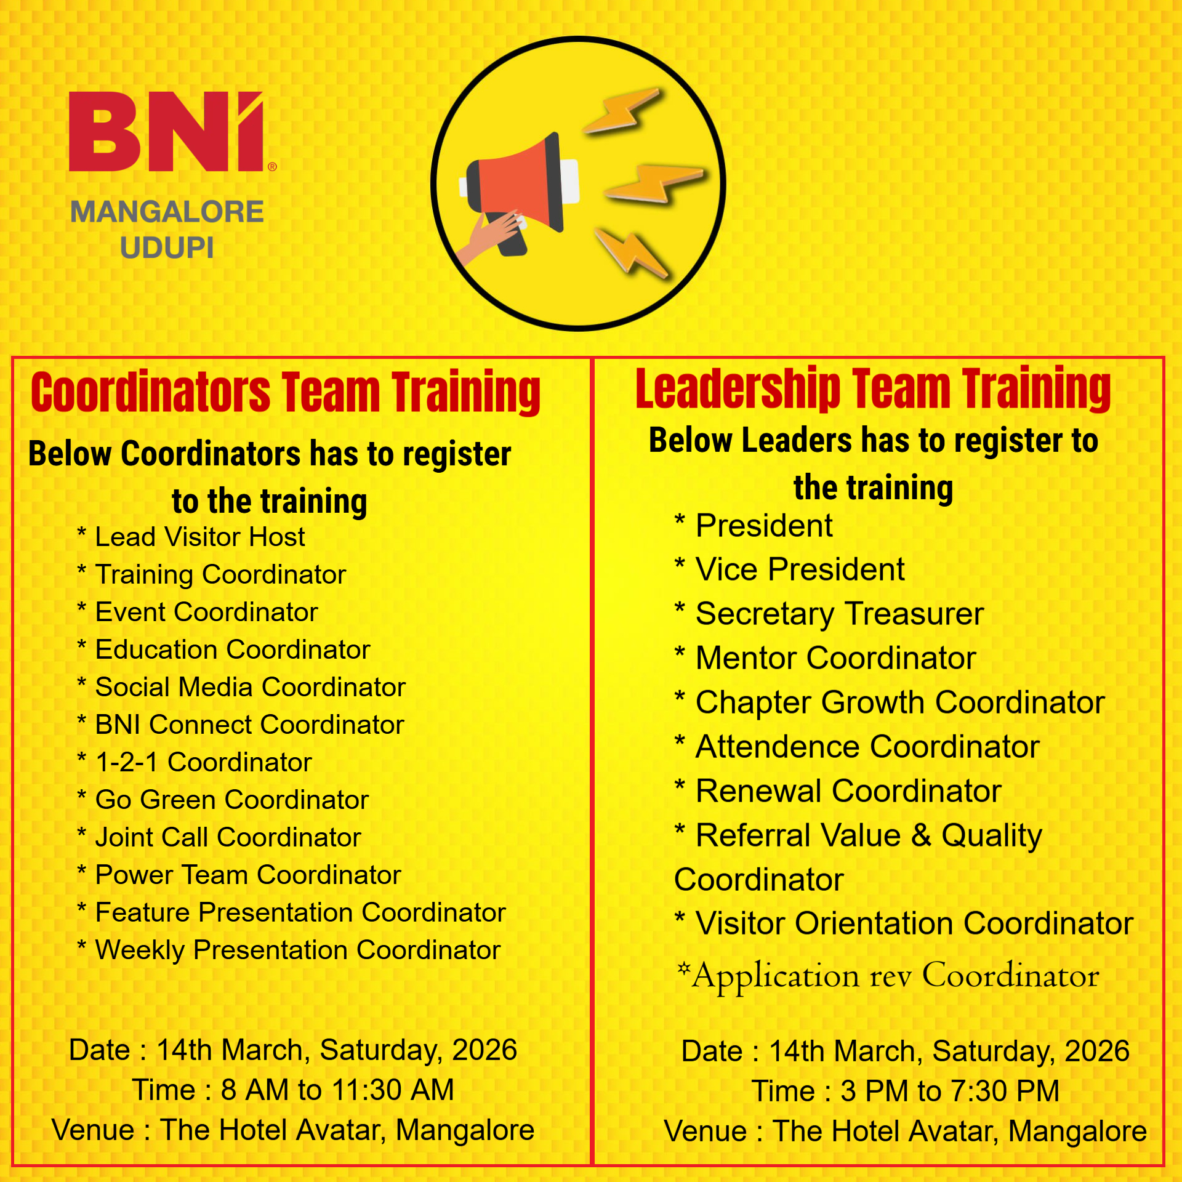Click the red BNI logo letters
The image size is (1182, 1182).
[x=166, y=132]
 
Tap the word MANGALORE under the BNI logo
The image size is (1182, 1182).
[x=167, y=212]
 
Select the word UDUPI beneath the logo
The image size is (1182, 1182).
[x=167, y=247]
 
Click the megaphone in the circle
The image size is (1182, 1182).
[x=520, y=191]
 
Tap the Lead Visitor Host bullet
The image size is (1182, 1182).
[x=191, y=537]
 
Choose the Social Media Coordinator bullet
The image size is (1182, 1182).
[x=241, y=687]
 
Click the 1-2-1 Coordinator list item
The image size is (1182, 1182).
[x=195, y=762]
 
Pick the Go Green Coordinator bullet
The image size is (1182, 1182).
[x=223, y=800]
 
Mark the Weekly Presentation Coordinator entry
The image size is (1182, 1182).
[x=289, y=950]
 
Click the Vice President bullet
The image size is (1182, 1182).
[x=790, y=569]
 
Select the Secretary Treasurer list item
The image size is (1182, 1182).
[x=829, y=614]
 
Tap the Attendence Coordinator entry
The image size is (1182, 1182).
[x=857, y=746]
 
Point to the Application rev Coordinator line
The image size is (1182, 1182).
[x=888, y=976]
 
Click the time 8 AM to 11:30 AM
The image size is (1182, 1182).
[x=337, y=1090]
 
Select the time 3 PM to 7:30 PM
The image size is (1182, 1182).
[x=950, y=1091]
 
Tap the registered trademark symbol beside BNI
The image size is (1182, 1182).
[x=272, y=167]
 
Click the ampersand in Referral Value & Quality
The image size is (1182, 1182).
[x=922, y=835]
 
